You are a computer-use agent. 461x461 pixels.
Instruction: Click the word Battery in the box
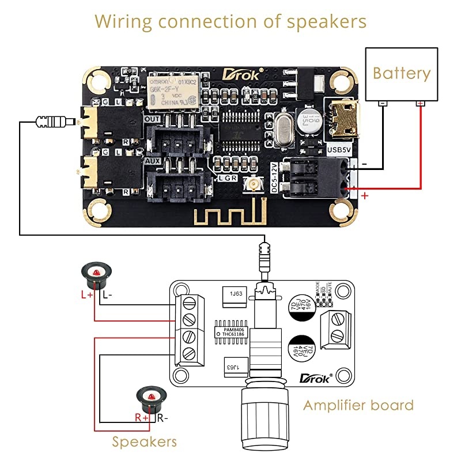point(402,74)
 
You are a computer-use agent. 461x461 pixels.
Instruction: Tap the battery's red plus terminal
point(420,103)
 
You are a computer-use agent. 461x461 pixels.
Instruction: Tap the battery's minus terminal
point(382,103)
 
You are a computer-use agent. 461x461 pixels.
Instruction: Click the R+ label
point(142,418)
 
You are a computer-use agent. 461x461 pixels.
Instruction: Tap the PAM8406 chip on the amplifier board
point(231,331)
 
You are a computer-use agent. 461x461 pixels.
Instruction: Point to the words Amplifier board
point(358,405)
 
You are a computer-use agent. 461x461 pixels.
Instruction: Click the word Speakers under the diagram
point(144,442)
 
